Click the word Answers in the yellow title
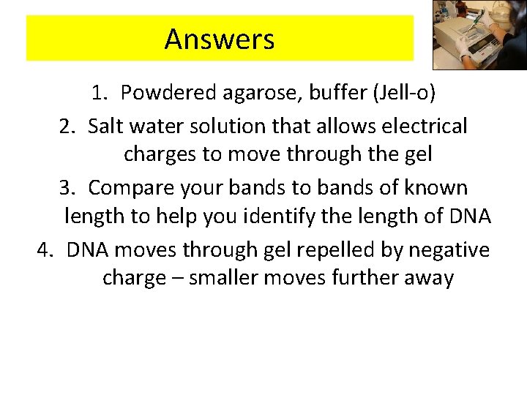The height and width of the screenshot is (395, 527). point(220,39)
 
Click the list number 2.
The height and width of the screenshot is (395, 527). point(67,127)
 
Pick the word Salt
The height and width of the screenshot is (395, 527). point(106,127)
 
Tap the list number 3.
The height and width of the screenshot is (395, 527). point(67,188)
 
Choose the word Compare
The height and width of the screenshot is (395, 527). point(134,188)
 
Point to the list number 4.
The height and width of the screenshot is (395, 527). point(45,250)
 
